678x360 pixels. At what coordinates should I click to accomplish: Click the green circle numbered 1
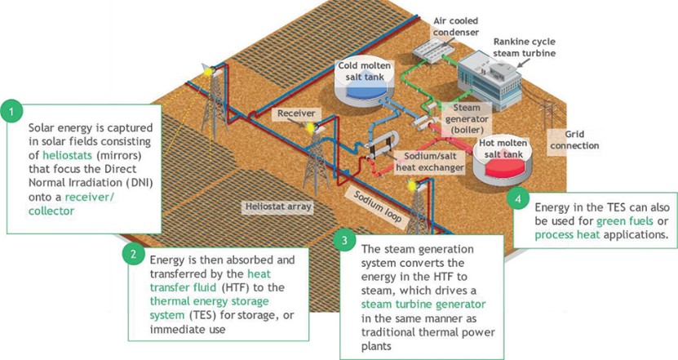11,111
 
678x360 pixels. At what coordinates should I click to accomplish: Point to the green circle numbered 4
517,198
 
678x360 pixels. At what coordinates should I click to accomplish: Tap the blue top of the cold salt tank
364,93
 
